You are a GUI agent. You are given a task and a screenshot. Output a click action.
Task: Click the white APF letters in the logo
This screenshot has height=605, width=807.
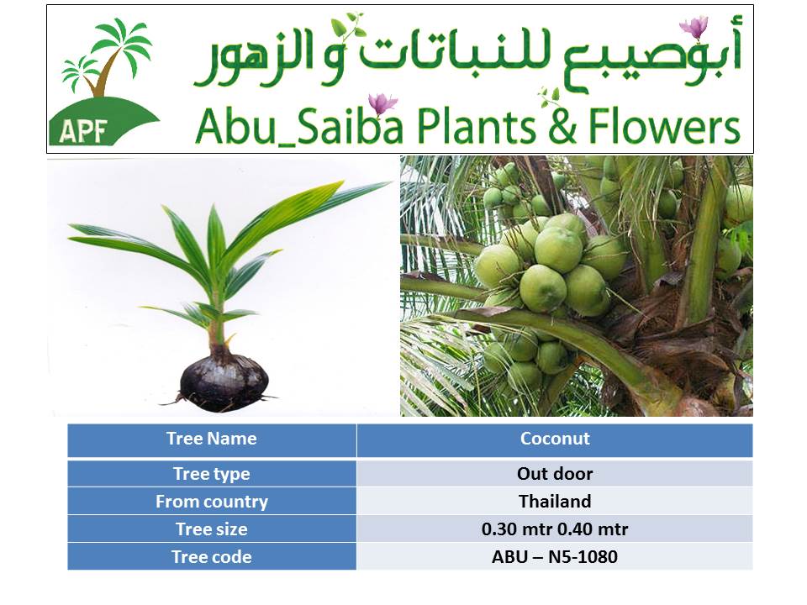coord(82,131)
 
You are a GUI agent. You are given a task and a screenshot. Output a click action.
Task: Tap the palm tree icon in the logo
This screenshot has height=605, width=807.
coord(107,58)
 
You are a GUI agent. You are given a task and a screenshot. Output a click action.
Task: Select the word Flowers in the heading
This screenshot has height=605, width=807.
coord(664,125)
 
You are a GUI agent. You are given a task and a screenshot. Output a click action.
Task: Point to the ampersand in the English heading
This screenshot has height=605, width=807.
coord(562,127)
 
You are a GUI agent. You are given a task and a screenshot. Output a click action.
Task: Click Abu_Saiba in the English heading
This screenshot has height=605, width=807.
coord(299,127)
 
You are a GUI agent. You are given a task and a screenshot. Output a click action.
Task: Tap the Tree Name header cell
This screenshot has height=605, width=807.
coord(212,439)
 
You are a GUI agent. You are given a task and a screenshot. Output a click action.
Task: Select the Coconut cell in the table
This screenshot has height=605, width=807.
coord(555,439)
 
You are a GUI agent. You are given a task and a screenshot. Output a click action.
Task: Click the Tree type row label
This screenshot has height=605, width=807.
coord(212,474)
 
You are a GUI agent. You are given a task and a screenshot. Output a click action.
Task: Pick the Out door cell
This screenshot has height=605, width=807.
coord(555,474)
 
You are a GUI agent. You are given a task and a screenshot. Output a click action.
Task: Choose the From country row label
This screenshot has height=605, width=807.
coord(212,502)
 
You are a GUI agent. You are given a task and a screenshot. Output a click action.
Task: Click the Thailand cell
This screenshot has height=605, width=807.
coord(555,502)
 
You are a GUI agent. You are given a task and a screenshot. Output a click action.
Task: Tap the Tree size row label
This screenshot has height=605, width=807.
coord(212,529)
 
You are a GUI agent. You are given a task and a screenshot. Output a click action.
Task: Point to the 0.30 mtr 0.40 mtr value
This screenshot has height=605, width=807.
coord(555,529)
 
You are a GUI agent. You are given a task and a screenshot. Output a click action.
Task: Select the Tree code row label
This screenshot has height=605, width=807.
coord(212,557)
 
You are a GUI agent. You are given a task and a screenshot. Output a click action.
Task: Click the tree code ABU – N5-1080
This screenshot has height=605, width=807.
coord(555,557)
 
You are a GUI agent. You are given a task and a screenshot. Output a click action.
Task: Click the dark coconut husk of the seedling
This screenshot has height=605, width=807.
coord(224,381)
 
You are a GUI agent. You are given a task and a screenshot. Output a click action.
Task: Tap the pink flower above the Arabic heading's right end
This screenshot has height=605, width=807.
coord(694,28)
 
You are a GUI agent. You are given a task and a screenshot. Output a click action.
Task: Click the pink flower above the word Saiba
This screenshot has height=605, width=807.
coord(382,104)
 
